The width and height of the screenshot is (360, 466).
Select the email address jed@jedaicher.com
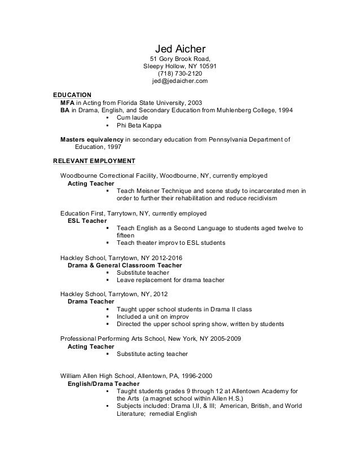pos(180,81)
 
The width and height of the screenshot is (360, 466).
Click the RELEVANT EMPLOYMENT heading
pos(94,160)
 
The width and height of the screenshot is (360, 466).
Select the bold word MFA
pos(67,103)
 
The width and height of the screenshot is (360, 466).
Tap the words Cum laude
pos(131,118)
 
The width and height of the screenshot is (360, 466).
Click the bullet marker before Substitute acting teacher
pos(108,354)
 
